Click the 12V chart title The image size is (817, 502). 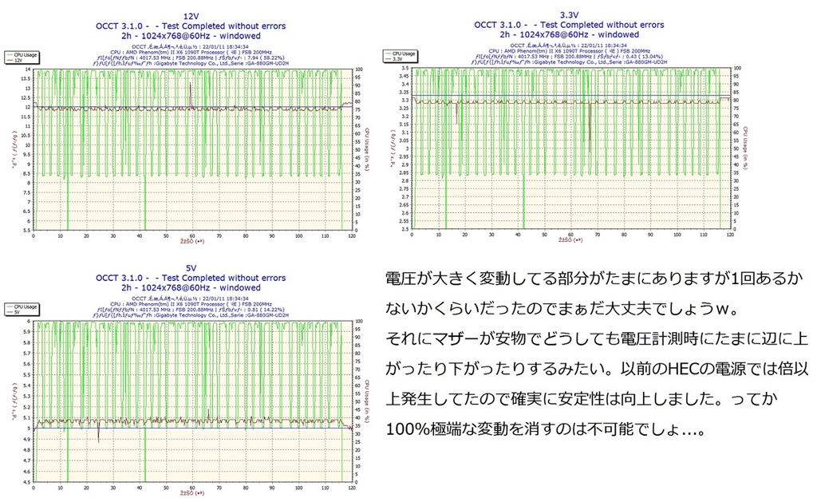pyautogui.click(x=191, y=15)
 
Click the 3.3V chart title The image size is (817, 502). pyautogui.click(x=569, y=15)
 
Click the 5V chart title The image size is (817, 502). pyautogui.click(x=191, y=267)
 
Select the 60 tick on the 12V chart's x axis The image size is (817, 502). pyautogui.click(x=191, y=236)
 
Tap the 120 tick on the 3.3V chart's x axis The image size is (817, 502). pyautogui.click(x=727, y=236)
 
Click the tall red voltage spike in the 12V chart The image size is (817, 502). pyautogui.click(x=191, y=94)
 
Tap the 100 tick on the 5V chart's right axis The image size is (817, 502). pyautogui.click(x=359, y=322)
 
